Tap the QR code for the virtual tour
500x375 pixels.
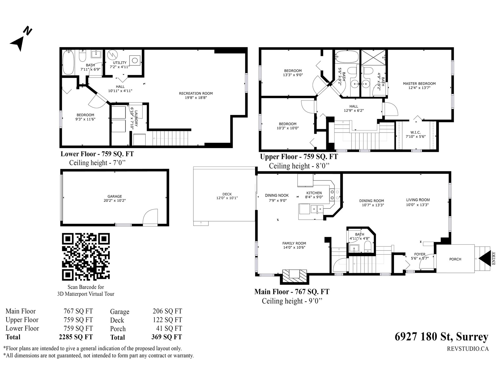point(86,257)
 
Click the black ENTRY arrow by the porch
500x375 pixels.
point(485,258)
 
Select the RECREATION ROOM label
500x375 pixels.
point(196,93)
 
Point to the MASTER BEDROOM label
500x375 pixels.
point(419,83)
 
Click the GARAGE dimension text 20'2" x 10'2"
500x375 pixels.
point(115,201)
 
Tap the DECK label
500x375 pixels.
point(227,194)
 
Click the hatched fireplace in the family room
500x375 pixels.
point(294,276)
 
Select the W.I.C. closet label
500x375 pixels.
point(416,132)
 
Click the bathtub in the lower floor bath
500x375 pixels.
point(68,62)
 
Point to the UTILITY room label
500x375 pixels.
point(120,62)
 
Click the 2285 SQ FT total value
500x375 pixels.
point(76,337)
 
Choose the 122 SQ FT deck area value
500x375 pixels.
point(167,320)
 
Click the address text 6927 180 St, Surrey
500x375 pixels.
point(442,337)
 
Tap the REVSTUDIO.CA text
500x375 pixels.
point(467,349)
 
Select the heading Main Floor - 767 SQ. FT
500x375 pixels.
point(292,292)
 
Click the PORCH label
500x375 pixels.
point(455,259)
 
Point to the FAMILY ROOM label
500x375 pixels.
point(294,243)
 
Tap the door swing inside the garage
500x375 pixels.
point(150,217)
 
